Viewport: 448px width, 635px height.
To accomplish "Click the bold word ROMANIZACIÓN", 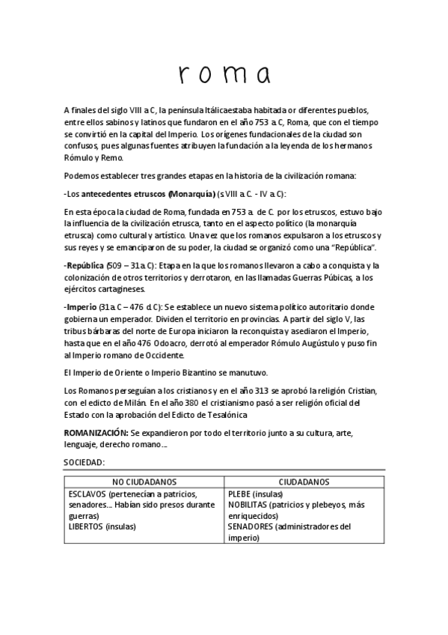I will click(96, 434).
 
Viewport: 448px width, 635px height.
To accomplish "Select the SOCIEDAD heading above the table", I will click(85, 463).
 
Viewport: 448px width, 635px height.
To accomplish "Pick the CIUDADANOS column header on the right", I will click(304, 481).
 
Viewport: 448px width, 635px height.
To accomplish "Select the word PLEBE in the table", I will click(240, 494).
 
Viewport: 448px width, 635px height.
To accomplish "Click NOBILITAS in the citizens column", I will click(249, 505).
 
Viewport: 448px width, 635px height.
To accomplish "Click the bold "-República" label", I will click(85, 266).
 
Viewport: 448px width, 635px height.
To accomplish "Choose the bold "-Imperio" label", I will click(81, 308).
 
